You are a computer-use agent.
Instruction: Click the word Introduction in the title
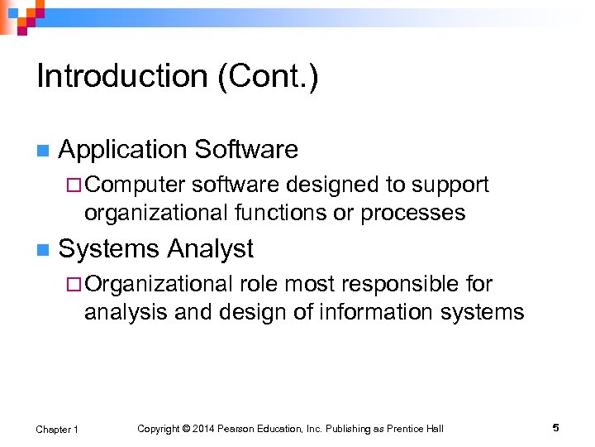coord(119,77)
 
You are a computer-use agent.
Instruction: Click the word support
coord(450,185)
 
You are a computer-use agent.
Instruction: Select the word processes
coord(418,213)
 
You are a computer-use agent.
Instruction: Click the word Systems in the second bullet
coord(109,248)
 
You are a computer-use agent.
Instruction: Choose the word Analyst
coord(211,248)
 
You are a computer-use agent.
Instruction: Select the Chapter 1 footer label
coord(57,429)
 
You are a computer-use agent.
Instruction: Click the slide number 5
coord(555,428)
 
